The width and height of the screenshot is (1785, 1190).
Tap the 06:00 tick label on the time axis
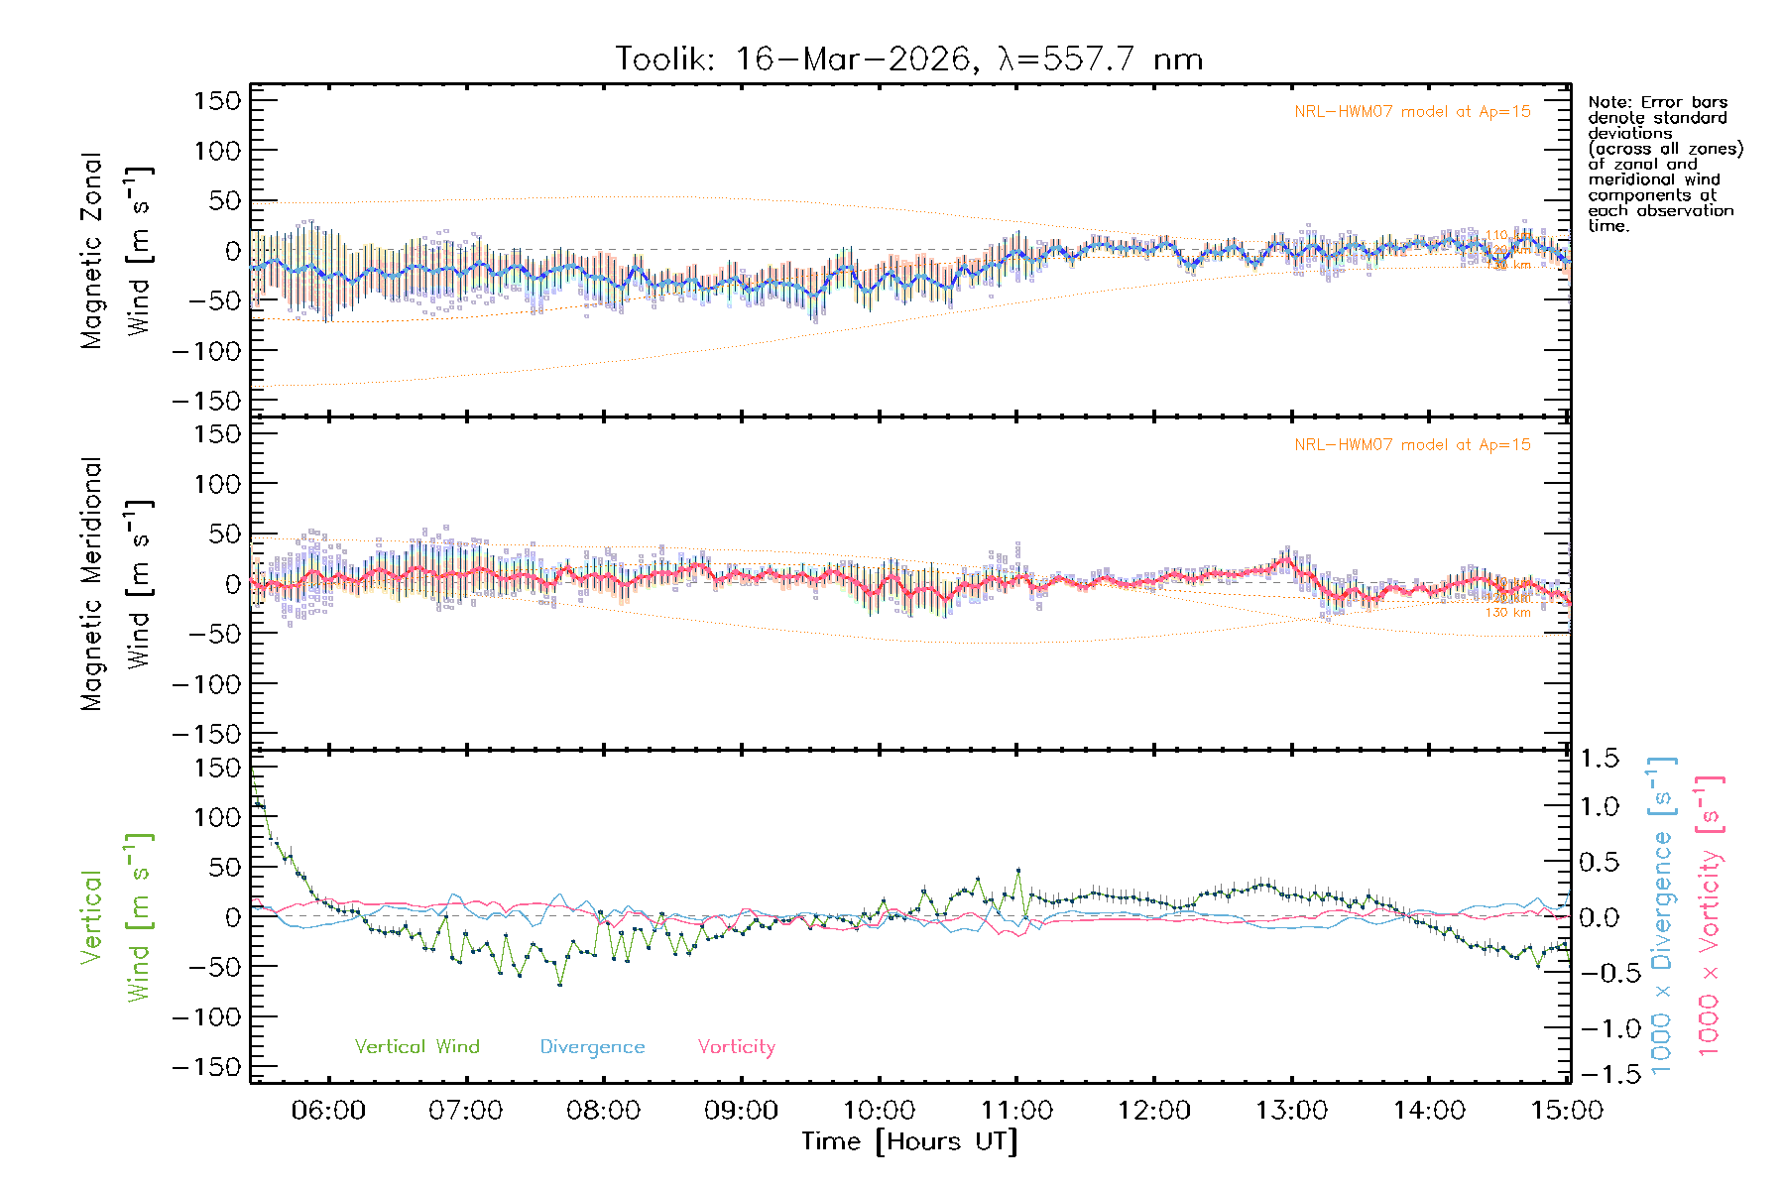click(328, 1111)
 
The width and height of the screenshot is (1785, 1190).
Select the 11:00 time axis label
click(1016, 1111)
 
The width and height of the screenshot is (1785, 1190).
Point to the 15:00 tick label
click(1567, 1111)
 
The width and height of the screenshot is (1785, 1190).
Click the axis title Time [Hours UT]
click(909, 1142)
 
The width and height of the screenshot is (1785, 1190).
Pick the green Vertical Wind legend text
click(416, 1047)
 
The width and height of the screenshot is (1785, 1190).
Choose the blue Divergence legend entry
click(592, 1047)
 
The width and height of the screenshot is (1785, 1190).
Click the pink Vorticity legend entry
click(736, 1047)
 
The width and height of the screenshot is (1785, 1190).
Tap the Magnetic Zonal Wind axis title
click(117, 250)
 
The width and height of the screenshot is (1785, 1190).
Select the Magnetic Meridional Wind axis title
click(117, 583)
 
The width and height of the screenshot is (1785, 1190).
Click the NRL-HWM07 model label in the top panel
click(1412, 112)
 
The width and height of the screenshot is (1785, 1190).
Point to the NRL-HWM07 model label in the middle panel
click(1412, 445)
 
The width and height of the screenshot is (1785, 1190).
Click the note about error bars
click(1664, 164)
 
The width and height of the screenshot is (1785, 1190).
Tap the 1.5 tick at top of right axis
click(1600, 759)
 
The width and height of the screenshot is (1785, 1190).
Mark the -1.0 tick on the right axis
click(1600, 1028)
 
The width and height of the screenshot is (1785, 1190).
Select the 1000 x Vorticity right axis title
click(1710, 915)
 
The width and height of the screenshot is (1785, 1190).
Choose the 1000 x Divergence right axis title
click(1662, 915)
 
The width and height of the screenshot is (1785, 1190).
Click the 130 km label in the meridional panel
click(1507, 613)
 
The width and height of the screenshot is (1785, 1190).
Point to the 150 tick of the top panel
click(217, 100)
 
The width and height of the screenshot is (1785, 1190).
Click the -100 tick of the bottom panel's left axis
click(206, 1017)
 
